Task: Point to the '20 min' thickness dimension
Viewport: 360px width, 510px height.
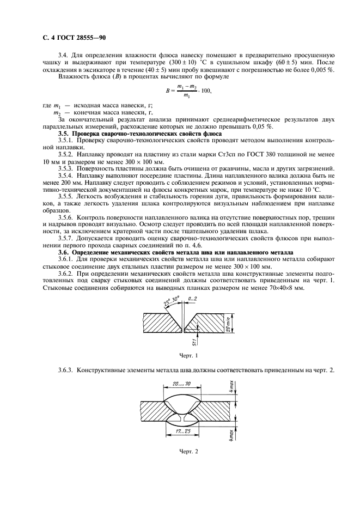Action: [228, 323]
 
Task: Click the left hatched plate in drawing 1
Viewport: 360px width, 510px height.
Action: [158, 323]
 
